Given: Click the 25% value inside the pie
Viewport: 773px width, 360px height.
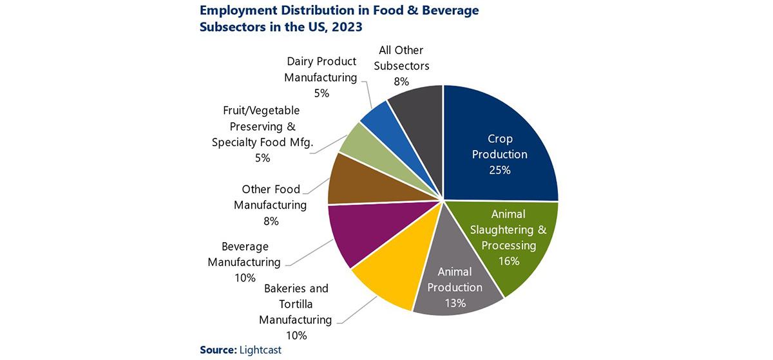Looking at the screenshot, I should (499, 170).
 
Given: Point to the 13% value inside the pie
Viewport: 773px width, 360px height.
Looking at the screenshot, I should (455, 303).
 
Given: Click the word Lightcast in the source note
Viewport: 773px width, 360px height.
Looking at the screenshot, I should (260, 349).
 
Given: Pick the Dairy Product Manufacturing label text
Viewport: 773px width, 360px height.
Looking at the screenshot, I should (321, 77).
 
